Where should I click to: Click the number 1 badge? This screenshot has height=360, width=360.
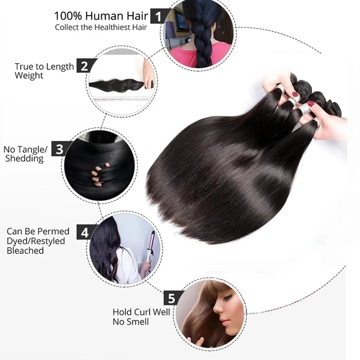159,16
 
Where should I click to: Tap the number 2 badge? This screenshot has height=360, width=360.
84,66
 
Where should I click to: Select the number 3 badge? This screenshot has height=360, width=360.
60,148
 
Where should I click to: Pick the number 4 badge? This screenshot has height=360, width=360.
84,232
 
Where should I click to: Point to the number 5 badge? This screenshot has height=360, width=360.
172,298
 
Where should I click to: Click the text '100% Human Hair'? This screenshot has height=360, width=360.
101,16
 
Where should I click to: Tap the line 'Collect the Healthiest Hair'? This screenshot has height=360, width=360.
101,28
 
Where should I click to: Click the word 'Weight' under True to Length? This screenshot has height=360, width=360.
29,75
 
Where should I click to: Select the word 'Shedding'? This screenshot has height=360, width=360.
24,159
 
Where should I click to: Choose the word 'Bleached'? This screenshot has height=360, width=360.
25,250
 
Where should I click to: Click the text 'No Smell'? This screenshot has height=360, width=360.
130,322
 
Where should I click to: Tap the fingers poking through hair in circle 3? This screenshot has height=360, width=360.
99,174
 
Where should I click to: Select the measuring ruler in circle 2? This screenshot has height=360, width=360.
121,100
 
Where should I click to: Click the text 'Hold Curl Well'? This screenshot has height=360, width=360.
141,312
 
